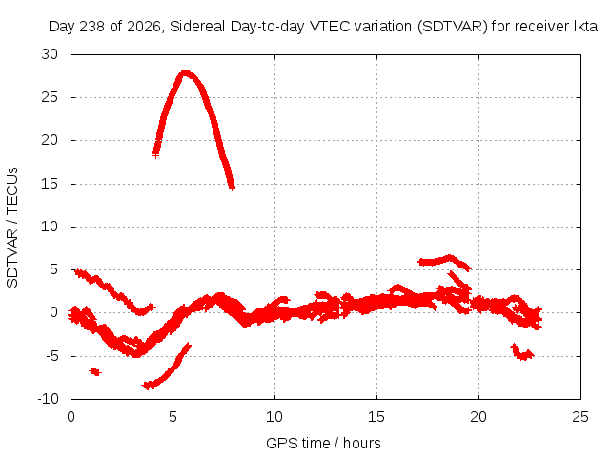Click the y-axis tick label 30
click(x=50, y=54)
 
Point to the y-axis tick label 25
click(x=50, y=97)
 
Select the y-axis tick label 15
click(x=50, y=184)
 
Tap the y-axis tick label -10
click(x=49, y=399)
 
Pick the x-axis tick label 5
click(x=173, y=417)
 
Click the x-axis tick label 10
click(x=274, y=417)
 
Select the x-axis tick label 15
click(x=376, y=417)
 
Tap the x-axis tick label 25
click(x=580, y=417)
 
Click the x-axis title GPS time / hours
click(x=323, y=444)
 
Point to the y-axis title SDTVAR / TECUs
click(x=12, y=228)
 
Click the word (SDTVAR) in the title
click(x=453, y=27)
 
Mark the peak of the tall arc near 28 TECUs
click(x=185, y=72)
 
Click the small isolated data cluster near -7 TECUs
click(x=95, y=371)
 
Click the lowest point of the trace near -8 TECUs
click(x=148, y=386)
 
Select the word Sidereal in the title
click(x=197, y=27)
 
